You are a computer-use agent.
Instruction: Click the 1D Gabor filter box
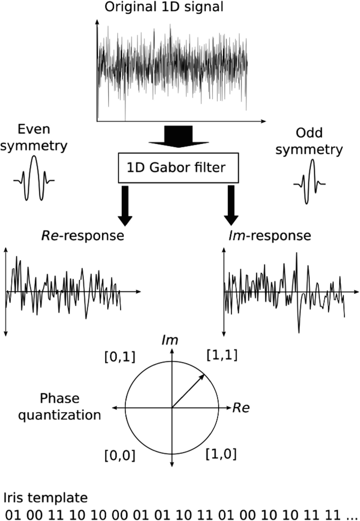click(x=178, y=168)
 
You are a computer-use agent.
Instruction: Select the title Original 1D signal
click(x=164, y=7)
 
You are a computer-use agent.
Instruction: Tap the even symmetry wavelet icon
click(x=34, y=179)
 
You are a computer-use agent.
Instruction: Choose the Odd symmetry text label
click(x=309, y=141)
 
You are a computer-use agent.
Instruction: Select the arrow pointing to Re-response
click(x=125, y=206)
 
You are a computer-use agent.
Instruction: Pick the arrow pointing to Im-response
click(x=231, y=206)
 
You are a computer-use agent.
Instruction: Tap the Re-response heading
click(x=83, y=235)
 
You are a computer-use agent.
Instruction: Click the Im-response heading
click(x=270, y=235)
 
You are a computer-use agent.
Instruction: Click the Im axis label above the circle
click(x=170, y=340)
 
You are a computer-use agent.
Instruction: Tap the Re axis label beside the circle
click(x=241, y=408)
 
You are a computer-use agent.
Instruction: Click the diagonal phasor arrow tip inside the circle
click(x=204, y=375)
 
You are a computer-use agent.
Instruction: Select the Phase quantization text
click(x=60, y=406)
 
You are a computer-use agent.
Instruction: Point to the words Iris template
click(x=46, y=497)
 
